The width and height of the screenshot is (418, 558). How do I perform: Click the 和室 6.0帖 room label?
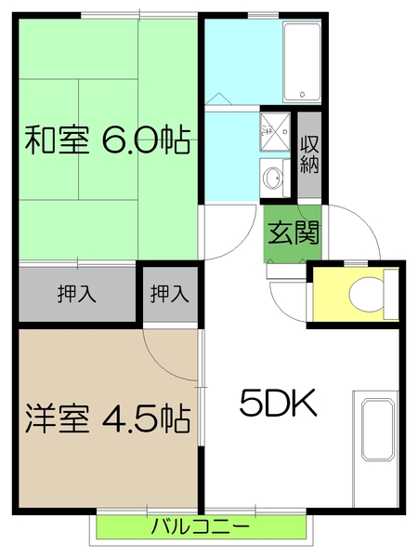(x=106, y=141)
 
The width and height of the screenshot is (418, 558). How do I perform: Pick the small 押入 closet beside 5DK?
(x=170, y=295)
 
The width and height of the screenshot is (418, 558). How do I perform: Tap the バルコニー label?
(x=201, y=527)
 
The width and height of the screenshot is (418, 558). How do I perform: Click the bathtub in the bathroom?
(x=303, y=60)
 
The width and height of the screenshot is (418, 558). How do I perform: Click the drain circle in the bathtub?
(x=303, y=94)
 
